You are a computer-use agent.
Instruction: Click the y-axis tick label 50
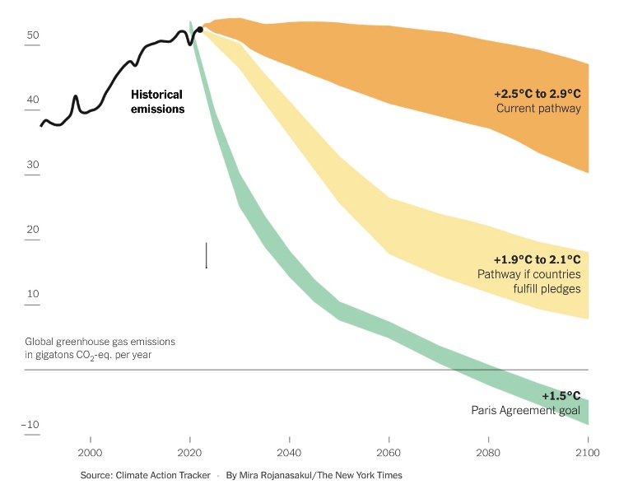pos(33,35)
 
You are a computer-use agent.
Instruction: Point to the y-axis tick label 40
pos(33,100)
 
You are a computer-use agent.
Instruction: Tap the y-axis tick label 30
pos(33,165)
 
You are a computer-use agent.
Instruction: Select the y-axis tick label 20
pos(33,230)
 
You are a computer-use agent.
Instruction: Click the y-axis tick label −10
pos(31,425)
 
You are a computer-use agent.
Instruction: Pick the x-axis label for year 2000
pos(90,452)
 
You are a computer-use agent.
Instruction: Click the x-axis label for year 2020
pos(190,452)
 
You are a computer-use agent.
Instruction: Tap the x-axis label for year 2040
pos(289,452)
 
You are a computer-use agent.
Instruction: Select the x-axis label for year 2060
pos(389,452)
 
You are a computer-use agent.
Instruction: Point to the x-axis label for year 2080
pos(488,452)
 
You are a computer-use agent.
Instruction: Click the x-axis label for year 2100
pos(587,452)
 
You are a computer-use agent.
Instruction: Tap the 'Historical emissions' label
pos(158,101)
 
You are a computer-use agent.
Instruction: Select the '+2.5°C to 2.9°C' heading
pos(537,94)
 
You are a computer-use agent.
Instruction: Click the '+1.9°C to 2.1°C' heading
pos(537,259)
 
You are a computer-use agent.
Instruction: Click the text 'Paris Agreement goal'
pos(525,411)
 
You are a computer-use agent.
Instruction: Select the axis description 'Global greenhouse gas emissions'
pos(100,341)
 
